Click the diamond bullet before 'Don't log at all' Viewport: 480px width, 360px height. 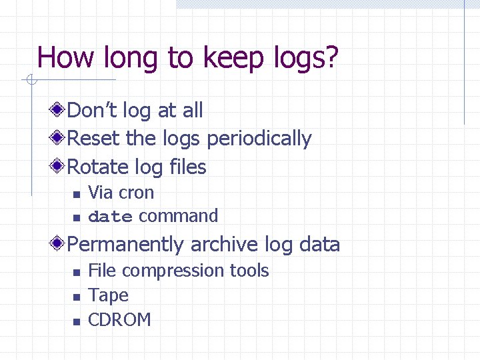(59, 109)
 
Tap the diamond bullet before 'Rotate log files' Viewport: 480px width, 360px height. (59, 165)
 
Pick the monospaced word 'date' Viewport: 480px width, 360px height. (111, 217)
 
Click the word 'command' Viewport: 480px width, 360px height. (178, 216)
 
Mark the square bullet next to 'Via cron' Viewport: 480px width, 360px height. (77, 194)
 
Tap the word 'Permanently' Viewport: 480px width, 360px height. (126, 245)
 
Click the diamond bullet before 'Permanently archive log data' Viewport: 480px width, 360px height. (59, 244)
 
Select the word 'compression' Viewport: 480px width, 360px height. (173, 271)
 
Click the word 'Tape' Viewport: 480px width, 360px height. (108, 295)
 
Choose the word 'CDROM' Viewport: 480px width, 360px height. (119, 320)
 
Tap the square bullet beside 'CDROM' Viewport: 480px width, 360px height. (77, 321)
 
